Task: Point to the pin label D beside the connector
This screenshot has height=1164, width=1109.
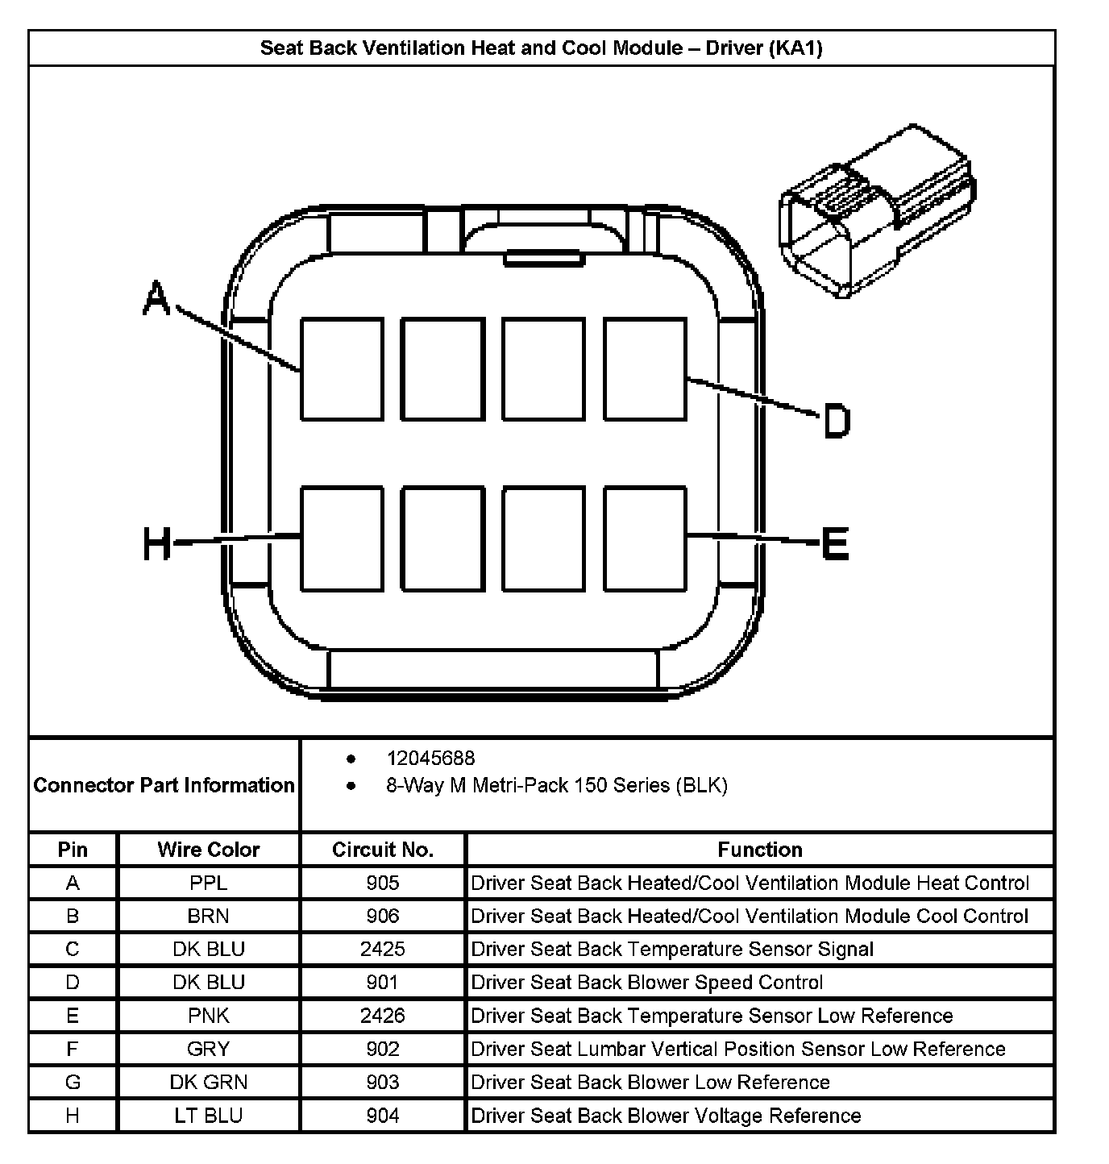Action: [836, 421]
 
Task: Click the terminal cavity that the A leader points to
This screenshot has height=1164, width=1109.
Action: [342, 368]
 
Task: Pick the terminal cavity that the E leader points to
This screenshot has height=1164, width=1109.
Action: [645, 538]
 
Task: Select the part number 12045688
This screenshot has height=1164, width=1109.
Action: [430, 759]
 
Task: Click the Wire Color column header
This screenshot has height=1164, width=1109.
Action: [209, 850]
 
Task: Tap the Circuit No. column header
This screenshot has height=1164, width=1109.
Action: [383, 850]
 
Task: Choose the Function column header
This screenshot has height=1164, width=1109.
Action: [760, 850]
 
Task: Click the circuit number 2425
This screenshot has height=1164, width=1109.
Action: [383, 950]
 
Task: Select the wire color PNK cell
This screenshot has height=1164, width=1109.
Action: [209, 1016]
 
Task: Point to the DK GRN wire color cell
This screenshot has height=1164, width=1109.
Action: [209, 1082]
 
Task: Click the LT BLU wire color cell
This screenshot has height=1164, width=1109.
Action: [209, 1116]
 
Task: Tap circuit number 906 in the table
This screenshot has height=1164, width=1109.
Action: [383, 917]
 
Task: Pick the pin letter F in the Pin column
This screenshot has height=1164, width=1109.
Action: [73, 1049]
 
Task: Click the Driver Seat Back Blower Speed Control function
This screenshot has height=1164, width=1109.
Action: [646, 983]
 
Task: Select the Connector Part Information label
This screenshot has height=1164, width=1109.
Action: [164, 785]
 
